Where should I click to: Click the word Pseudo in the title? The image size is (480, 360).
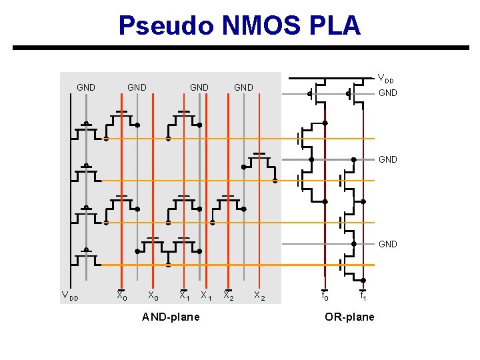[163, 25]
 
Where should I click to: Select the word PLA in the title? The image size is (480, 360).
[339, 25]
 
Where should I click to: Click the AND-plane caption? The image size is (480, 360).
[171, 317]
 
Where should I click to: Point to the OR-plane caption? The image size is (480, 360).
[349, 317]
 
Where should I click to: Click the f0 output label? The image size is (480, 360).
[325, 296]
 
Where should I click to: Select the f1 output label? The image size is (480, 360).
[363, 296]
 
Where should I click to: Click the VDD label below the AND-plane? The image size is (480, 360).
[70, 297]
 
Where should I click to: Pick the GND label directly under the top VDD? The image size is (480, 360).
[387, 93]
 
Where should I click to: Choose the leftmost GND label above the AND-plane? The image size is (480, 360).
[86, 87]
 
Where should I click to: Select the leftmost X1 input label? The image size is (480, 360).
[184, 296]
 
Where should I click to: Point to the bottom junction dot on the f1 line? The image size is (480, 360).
[363, 280]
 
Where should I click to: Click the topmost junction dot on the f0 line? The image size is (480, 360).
[325, 123]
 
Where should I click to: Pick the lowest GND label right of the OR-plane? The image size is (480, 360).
[387, 244]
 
